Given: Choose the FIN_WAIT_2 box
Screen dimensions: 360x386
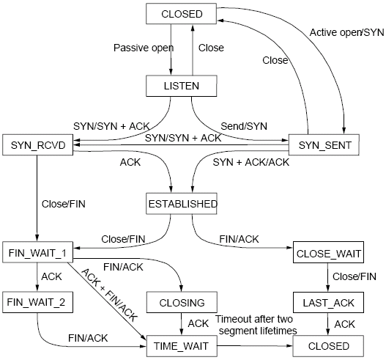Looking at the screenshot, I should [36, 301].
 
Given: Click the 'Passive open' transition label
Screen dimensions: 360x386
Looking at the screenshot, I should [143, 48].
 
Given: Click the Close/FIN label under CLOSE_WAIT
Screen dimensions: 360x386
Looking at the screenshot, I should [355, 277].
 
